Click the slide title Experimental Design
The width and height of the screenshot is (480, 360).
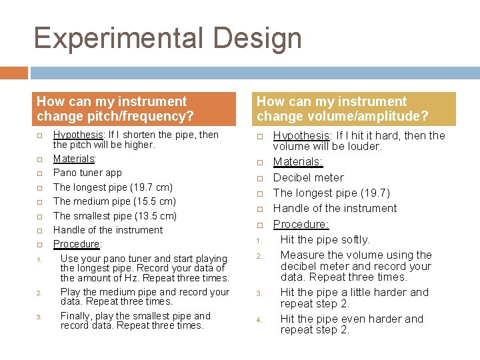(x=167, y=38)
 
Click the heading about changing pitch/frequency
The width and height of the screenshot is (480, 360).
(x=115, y=109)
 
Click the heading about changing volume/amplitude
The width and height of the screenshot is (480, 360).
(x=343, y=109)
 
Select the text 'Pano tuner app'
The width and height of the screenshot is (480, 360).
(x=87, y=173)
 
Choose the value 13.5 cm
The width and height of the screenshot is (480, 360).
(x=156, y=216)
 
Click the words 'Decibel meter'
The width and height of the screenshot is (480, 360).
(x=308, y=177)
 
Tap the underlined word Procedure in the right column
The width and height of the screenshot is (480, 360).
(x=299, y=224)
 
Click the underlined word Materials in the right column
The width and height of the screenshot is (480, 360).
(x=298, y=162)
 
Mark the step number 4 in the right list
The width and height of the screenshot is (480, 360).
(x=259, y=320)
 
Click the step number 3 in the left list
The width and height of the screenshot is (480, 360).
(x=39, y=317)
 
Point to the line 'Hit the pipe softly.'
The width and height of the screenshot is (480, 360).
(x=325, y=239)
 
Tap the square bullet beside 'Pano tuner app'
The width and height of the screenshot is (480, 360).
(x=39, y=173)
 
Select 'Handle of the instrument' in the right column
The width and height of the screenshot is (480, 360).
(x=335, y=208)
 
